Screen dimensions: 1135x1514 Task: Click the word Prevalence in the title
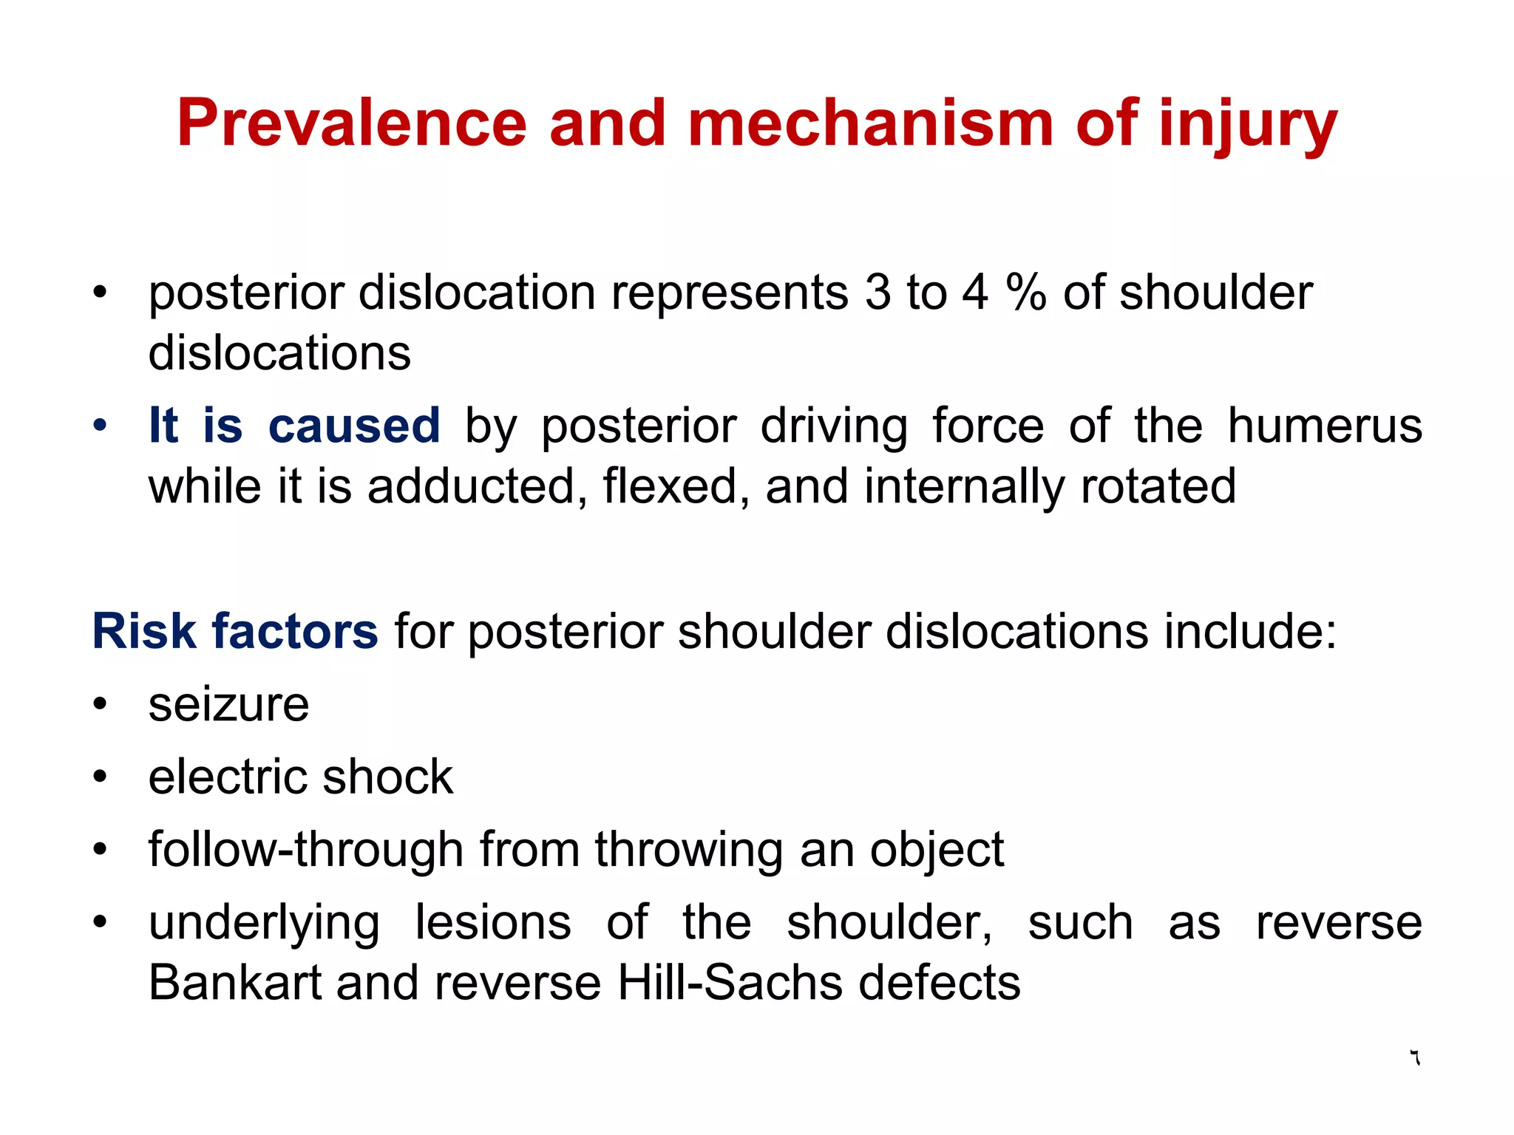[x=351, y=123]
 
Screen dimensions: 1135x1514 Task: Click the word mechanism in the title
[x=870, y=123]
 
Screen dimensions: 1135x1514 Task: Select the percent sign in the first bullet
[x=1026, y=292]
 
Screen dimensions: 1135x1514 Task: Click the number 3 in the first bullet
[x=877, y=292]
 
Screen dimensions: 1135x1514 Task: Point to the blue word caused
[x=354, y=426]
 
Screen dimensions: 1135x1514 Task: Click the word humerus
[x=1324, y=426]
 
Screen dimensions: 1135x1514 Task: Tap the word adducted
[x=472, y=487]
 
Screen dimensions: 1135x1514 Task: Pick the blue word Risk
[x=144, y=632]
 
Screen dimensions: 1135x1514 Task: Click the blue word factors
[x=294, y=632]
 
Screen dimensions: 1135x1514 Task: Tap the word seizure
[x=228, y=706]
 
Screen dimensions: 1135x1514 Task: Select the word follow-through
[x=305, y=850]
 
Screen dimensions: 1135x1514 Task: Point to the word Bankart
[x=234, y=984]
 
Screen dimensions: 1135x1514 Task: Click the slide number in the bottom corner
[x=1414, y=1057]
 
